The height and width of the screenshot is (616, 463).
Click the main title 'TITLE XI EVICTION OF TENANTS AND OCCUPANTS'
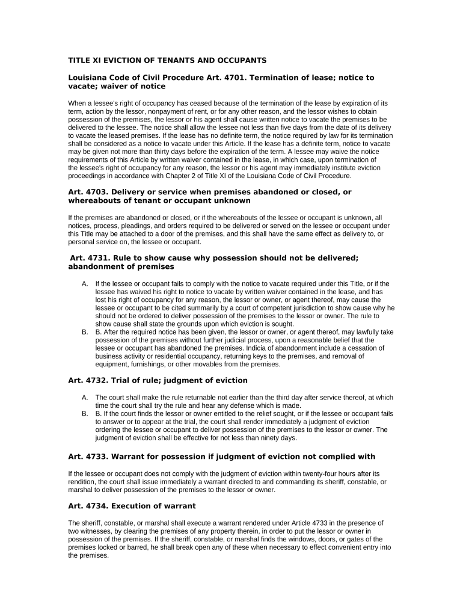pyautogui.click(x=167, y=61)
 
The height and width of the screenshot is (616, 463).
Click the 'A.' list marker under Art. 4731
pyautogui.click(x=85, y=283)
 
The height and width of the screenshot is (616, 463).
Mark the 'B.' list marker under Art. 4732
pyautogui.click(x=85, y=414)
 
